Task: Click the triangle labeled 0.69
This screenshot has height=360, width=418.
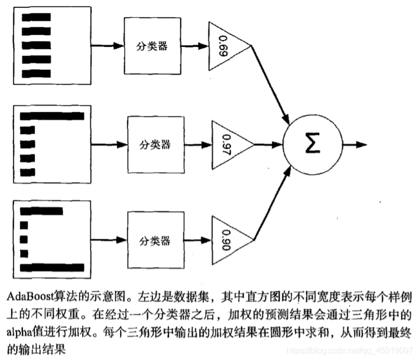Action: (x=227, y=45)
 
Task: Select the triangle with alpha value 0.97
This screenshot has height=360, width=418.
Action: (x=229, y=144)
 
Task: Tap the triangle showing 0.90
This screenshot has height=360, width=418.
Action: (x=229, y=240)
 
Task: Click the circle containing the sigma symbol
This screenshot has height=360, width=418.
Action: (x=312, y=144)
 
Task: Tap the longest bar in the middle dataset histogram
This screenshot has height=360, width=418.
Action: (x=52, y=115)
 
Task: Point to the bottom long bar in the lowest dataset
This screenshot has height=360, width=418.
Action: (x=52, y=268)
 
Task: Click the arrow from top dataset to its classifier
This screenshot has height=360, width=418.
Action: (x=108, y=45)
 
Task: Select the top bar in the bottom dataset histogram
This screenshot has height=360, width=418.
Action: (x=41, y=211)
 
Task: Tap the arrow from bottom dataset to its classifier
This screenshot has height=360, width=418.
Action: (x=109, y=240)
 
